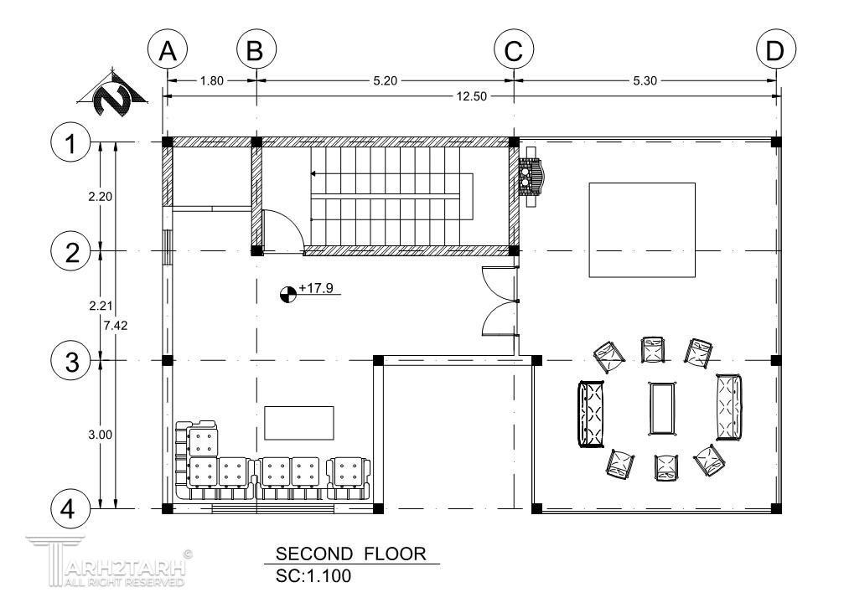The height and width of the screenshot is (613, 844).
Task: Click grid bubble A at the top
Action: point(168,50)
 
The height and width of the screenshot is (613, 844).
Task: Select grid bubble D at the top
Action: point(775,50)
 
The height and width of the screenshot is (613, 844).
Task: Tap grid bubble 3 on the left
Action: point(71,361)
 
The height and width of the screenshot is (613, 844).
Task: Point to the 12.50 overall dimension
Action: point(472,96)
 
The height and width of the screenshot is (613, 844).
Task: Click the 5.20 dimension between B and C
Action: point(385,80)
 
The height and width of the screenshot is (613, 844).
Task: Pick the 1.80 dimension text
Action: point(211,80)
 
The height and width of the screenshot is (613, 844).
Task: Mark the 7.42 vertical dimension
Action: point(116,325)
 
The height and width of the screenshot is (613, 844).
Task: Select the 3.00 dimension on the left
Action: point(100,435)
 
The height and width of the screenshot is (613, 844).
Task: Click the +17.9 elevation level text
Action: point(316,288)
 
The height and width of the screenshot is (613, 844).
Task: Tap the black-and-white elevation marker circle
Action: point(288,295)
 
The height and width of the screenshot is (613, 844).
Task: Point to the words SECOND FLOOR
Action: point(351,554)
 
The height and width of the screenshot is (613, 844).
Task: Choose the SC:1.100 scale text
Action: point(313,576)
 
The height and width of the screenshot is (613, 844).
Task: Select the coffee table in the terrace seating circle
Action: point(661,408)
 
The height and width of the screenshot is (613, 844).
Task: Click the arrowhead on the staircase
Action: point(313,173)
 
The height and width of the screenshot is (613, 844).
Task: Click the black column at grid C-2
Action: point(514,250)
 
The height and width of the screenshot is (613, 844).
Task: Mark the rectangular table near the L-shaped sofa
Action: point(298,423)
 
